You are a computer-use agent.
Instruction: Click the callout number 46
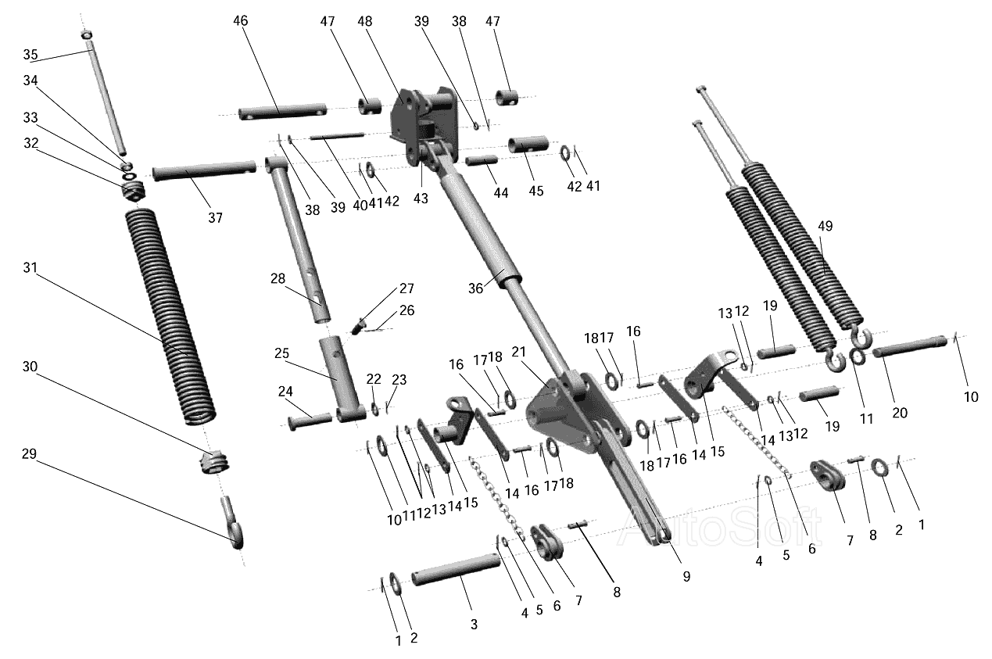tap(241, 21)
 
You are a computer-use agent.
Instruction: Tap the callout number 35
tap(30, 55)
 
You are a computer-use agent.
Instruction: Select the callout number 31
tap(30, 267)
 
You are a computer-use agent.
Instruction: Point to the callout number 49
tap(825, 226)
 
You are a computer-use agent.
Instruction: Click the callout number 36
tap(475, 288)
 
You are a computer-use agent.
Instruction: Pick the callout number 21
tap(518, 352)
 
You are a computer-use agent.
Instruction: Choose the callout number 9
tap(686, 576)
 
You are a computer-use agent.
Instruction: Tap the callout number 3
tap(474, 625)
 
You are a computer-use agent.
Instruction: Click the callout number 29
tap(29, 454)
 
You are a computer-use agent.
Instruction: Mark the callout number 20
tap(900, 413)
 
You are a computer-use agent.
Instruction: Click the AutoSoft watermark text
tap(720, 527)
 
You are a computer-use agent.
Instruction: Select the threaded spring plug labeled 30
tap(213, 462)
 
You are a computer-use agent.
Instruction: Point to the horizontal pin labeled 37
tap(204, 170)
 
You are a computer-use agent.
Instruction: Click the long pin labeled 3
tap(457, 569)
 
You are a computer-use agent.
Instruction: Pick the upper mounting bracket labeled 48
tap(423, 127)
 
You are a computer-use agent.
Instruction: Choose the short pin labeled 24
tap(310, 421)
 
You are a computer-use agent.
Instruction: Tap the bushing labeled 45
tap(528, 145)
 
